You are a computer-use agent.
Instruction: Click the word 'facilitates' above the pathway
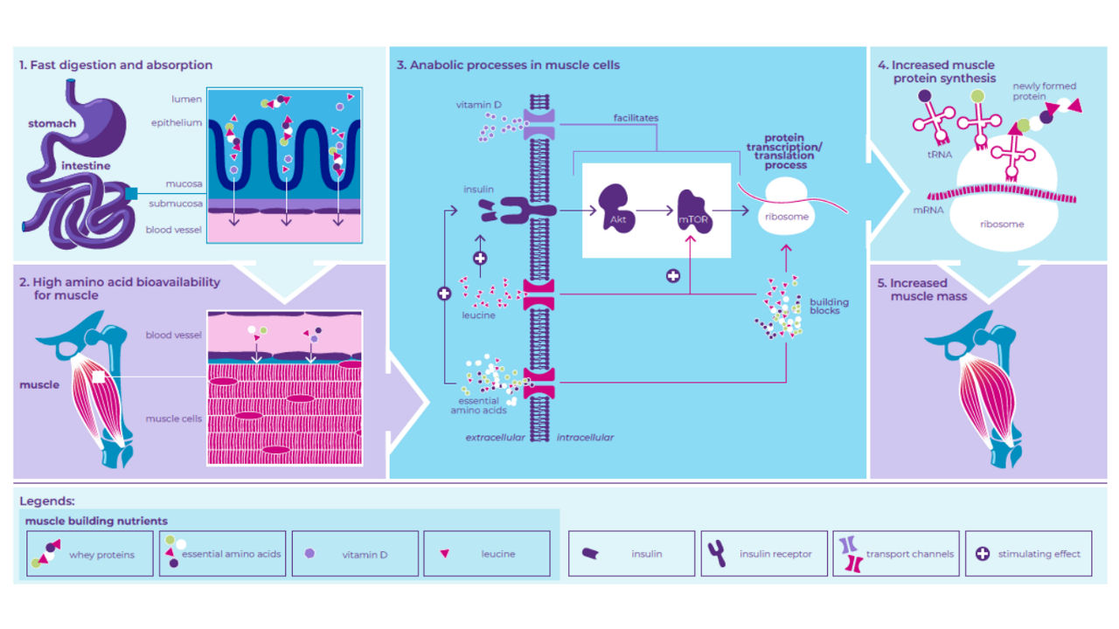pyautogui.click(x=636, y=117)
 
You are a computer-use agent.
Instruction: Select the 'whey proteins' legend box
pyautogui.click(x=89, y=554)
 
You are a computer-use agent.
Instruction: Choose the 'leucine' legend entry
pyautogui.click(x=486, y=554)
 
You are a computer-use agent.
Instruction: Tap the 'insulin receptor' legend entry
pyautogui.click(x=763, y=554)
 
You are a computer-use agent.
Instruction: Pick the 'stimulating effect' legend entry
pyautogui.click(x=1028, y=554)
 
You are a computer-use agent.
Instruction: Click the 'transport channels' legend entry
pyautogui.click(x=896, y=554)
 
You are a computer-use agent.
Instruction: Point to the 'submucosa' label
pyautogui.click(x=181, y=204)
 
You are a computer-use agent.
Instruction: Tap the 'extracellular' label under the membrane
pyautogui.click(x=495, y=437)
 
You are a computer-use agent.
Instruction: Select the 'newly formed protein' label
pyautogui.click(x=1044, y=92)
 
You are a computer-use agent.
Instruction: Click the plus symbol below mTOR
pyautogui.click(x=672, y=276)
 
